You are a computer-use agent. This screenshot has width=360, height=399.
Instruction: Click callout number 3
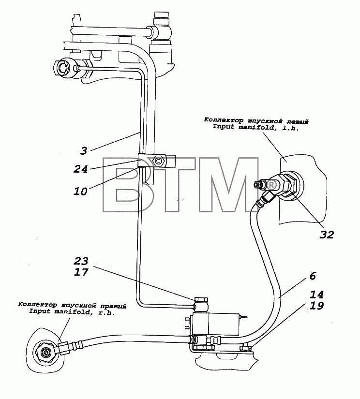point(84,151)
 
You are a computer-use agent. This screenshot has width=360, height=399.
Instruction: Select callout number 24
point(81,169)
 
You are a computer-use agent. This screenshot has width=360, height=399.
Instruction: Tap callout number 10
point(81,192)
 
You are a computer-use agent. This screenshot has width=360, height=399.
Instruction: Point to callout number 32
point(327,235)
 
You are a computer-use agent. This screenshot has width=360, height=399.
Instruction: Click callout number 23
point(81,261)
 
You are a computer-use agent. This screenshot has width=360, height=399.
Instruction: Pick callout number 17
point(81,272)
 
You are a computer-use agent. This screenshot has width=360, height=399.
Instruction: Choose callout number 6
point(313,276)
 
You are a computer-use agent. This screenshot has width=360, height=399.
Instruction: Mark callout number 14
point(316,295)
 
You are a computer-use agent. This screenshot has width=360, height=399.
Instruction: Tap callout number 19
point(316,306)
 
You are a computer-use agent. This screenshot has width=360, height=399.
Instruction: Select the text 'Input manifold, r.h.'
point(72,312)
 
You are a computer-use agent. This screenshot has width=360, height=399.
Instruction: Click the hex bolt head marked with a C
point(158,161)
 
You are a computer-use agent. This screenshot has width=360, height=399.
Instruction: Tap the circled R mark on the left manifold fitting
point(271,185)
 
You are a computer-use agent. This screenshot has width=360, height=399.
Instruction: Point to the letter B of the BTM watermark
point(122,185)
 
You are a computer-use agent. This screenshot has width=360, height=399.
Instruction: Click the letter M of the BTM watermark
point(227,185)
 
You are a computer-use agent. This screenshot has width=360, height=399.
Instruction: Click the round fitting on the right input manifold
point(46,353)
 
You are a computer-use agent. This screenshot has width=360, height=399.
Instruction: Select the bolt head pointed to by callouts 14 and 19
point(245,347)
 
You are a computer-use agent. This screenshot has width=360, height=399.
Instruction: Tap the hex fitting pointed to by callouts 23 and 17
point(201,299)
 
